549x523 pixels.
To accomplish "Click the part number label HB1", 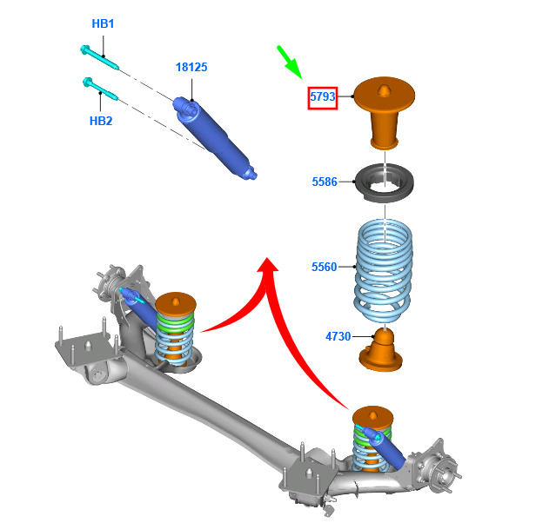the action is (103, 23).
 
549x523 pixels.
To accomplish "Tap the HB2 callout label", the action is (101, 121).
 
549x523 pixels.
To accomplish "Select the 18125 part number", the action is (191, 67).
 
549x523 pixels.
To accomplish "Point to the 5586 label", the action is (325, 182).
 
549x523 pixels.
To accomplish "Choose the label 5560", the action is (325, 267).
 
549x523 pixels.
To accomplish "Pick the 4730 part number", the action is (338, 337).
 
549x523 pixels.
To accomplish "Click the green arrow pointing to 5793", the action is (289, 62).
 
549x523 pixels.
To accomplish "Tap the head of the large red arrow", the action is (268, 265).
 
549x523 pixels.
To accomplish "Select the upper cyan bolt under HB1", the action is (100, 57).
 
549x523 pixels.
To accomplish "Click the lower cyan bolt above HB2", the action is (100, 89).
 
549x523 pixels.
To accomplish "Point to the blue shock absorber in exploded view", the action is (215, 138).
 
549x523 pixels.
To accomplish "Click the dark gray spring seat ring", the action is (385, 182).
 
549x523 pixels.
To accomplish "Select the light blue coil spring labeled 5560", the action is (384, 270).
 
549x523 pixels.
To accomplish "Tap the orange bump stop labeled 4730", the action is (381, 349).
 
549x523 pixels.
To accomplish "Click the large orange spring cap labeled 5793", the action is (384, 112).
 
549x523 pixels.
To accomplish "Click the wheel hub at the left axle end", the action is (111, 281).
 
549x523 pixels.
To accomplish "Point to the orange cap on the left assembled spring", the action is (176, 303).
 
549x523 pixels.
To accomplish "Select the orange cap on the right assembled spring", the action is (373, 417).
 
